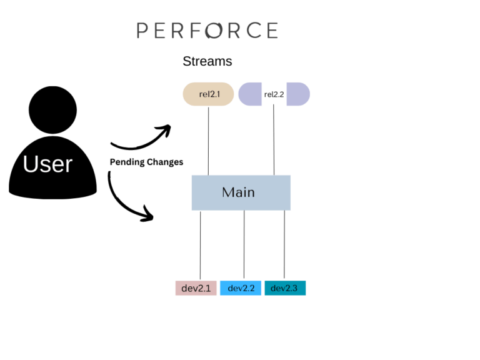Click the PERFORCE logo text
point(207,31)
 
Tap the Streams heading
point(207,62)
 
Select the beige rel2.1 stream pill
point(208,94)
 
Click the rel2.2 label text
point(274,94)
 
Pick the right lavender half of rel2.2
point(297,94)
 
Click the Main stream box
point(241,192)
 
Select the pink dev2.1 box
point(196,288)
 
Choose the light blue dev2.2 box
point(241,288)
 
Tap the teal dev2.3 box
point(285,288)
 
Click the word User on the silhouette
point(48,164)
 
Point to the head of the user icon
point(52,110)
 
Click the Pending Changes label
point(147,162)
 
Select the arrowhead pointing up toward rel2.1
point(165,130)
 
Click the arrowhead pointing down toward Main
point(147,216)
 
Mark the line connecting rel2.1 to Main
point(208,141)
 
